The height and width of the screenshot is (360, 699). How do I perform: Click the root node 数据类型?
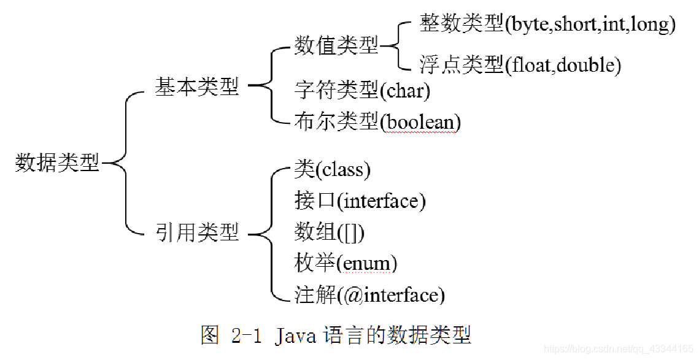[57, 163]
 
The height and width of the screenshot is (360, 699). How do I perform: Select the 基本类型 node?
[196, 87]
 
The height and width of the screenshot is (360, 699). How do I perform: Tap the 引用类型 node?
[196, 232]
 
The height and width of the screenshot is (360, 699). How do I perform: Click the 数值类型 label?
[336, 45]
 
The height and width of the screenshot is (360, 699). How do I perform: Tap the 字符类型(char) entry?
[362, 91]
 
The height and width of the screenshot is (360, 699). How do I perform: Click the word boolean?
[420, 122]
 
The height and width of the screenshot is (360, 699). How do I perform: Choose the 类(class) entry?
[332, 169]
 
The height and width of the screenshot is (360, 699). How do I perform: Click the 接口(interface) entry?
[360, 200]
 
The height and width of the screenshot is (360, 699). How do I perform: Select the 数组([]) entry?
[330, 232]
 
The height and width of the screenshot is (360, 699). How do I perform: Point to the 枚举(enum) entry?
[346, 264]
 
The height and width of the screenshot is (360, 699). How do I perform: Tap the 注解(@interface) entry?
[369, 295]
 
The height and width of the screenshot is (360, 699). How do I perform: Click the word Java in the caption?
[296, 335]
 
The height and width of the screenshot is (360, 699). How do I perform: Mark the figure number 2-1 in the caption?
[246, 335]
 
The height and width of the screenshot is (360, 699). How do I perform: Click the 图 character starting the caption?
[210, 335]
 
